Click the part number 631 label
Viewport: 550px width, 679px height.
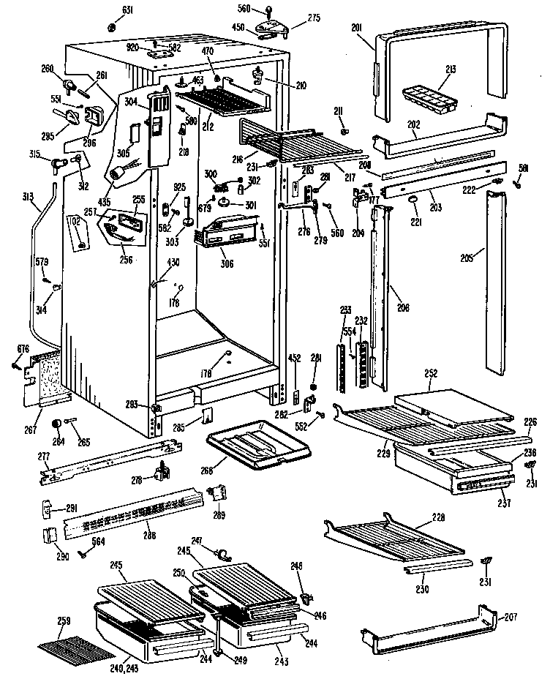pyautogui.click(x=127, y=10)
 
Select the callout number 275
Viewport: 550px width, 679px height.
pyautogui.click(x=293, y=18)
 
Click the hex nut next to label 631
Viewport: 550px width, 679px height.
pyautogui.click(x=112, y=27)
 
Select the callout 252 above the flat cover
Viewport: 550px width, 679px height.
pyautogui.click(x=431, y=373)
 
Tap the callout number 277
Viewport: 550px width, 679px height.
pyautogui.click(x=44, y=456)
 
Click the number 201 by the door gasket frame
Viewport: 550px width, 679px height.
pyautogui.click(x=357, y=28)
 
